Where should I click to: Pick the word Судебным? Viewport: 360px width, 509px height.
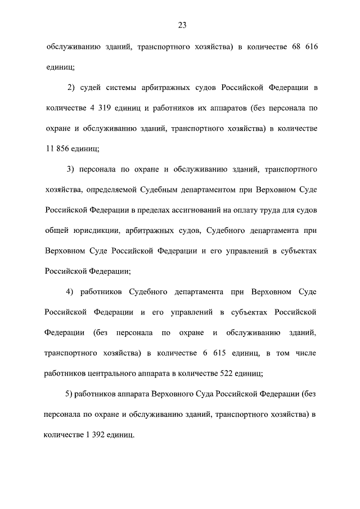click(180, 190)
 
